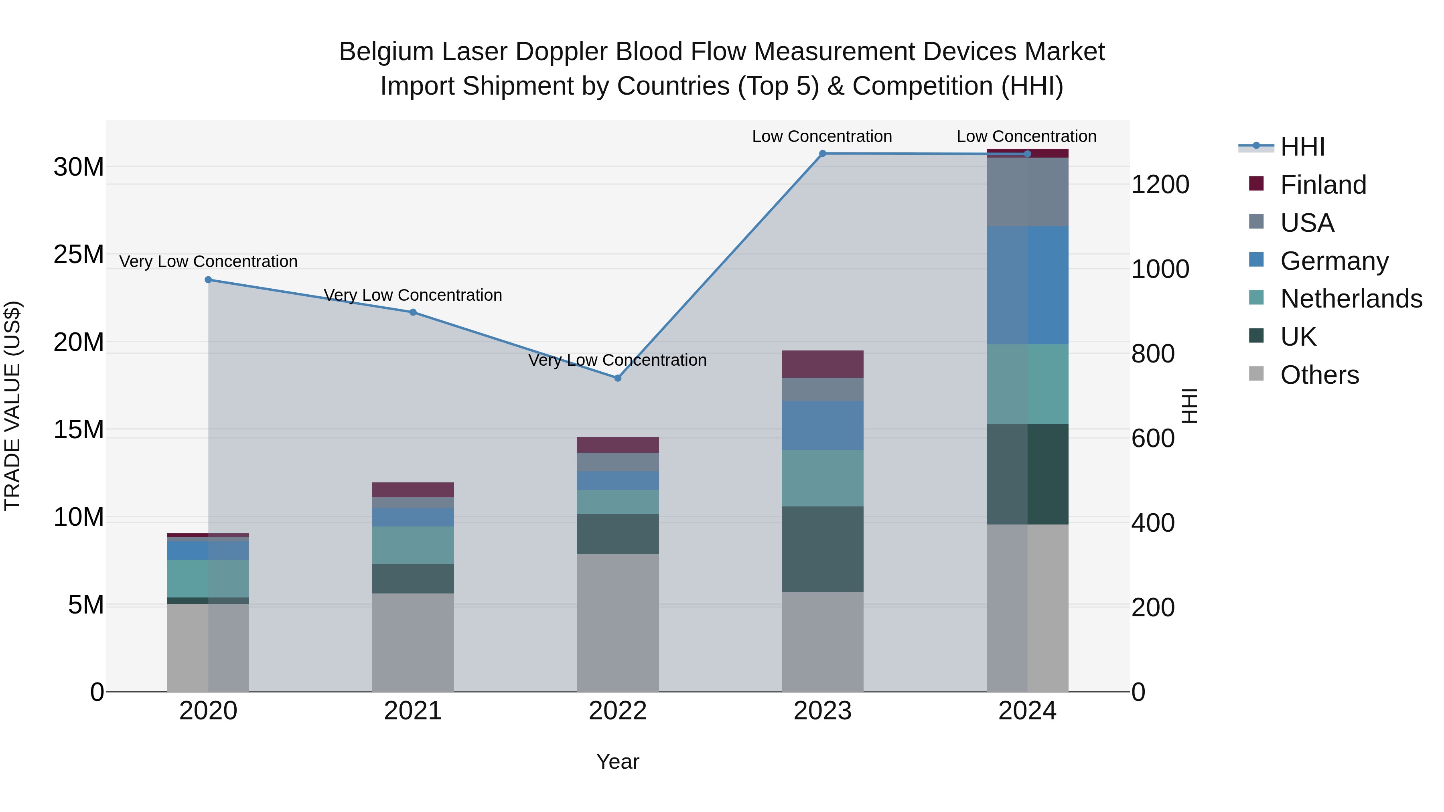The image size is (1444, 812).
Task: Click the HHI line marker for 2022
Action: point(618,378)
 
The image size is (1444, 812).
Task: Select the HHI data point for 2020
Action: point(209,279)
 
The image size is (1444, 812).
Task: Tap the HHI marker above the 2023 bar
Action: point(822,154)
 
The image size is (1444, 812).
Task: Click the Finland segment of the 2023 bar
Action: point(822,364)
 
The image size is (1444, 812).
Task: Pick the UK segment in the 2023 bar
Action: point(822,549)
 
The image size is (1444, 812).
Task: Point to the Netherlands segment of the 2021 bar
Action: point(413,545)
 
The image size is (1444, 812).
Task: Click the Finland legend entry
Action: point(1323,185)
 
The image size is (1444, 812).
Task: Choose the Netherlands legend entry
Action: point(1351,299)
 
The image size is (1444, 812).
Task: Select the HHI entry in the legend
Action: point(1302,147)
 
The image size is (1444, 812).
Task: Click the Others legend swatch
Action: point(1256,374)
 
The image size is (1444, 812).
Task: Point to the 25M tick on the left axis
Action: point(79,254)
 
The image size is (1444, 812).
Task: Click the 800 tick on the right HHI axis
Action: point(1152,354)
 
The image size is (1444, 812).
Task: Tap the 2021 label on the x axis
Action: point(413,711)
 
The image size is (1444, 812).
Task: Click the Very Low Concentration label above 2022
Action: point(617,360)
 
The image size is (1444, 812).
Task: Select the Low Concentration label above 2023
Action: point(822,136)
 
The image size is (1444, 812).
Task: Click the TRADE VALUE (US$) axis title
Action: point(12,406)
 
